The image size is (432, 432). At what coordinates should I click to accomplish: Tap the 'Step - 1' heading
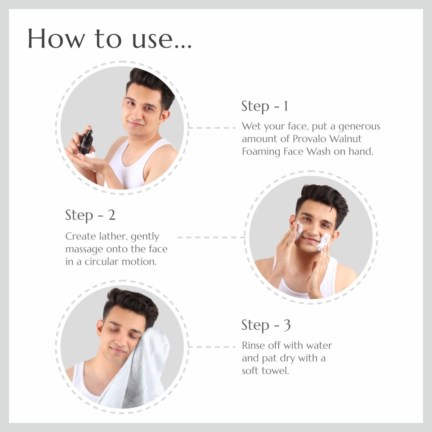265,106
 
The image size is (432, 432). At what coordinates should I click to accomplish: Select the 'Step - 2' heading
90,215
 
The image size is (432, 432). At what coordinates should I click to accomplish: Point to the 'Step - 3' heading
266,325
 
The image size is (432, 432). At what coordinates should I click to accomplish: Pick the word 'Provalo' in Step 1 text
309,139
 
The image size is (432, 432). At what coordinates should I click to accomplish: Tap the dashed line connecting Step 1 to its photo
212,128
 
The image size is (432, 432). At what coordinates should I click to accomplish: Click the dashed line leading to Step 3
212,347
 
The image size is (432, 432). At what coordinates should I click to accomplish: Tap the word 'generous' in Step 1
359,126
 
